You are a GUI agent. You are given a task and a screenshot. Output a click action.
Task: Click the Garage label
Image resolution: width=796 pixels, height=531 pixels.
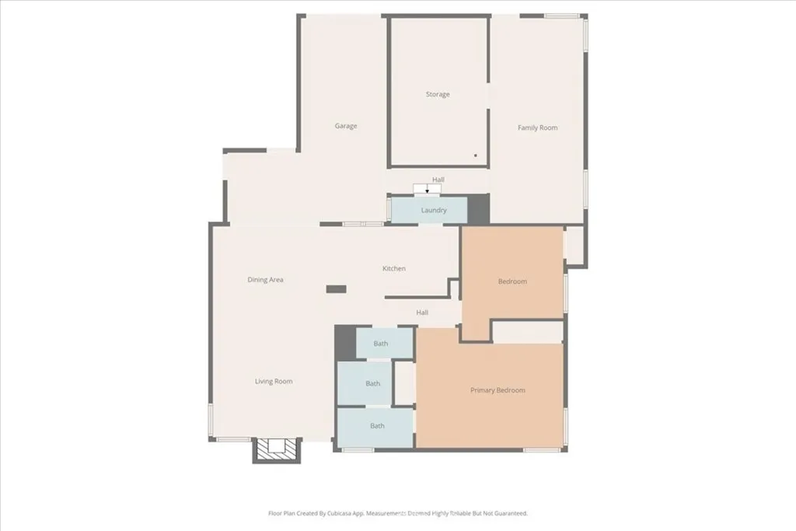point(346,126)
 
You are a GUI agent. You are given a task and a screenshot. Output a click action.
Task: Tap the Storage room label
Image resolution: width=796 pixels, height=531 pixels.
point(438,95)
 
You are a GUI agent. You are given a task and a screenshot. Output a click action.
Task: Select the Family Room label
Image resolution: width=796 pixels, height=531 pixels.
point(538,128)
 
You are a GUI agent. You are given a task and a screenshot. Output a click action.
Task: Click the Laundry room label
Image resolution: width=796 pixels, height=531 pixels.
point(434,211)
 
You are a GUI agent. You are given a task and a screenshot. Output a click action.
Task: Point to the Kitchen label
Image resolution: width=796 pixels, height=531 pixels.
point(394,269)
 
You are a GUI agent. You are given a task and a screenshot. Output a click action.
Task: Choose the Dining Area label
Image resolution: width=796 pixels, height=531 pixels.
point(265,280)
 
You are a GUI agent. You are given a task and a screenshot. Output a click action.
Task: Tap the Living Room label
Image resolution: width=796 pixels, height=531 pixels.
point(274,382)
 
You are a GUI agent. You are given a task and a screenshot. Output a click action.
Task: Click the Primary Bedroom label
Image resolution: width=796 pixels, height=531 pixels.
point(498,390)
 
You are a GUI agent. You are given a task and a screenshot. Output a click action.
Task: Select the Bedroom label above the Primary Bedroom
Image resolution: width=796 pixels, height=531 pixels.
point(512,281)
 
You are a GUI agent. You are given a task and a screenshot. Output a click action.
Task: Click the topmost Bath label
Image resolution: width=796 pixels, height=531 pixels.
point(381,343)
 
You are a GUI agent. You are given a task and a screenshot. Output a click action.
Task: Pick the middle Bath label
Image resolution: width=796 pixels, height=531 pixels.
point(373,383)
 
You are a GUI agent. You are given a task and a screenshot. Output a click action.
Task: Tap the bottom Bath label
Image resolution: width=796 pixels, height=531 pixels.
point(377,426)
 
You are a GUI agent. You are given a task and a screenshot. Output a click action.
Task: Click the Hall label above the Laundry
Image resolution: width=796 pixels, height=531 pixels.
point(438,180)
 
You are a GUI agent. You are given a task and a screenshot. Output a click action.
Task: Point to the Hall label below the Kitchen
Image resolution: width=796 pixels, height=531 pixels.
point(422,313)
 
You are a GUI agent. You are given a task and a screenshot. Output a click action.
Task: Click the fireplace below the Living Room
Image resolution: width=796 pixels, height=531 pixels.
point(277,450)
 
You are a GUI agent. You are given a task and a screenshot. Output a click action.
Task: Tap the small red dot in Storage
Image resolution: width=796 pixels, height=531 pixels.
point(475,155)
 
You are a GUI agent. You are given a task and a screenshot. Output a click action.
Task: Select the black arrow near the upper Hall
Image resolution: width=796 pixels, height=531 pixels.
point(427,190)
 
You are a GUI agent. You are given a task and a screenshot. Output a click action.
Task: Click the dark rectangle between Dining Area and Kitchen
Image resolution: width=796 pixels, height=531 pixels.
point(336,289)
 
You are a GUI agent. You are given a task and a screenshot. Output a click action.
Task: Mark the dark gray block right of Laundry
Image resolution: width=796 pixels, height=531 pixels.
point(478,208)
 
